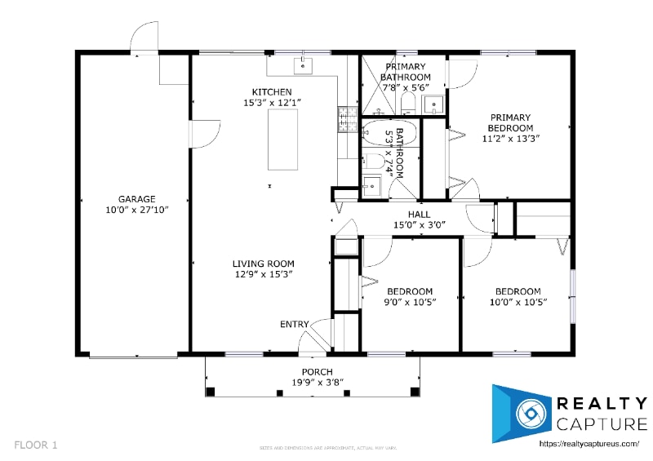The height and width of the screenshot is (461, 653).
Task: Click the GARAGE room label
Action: pyautogui.click(x=136, y=199)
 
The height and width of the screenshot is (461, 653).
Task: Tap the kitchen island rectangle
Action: pyautogui.click(x=283, y=139)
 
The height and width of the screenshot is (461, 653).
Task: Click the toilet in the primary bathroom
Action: pyautogui.click(x=408, y=102)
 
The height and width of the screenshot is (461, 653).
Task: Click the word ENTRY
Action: pyautogui.click(x=295, y=325)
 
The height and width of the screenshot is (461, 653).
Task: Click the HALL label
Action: pyautogui.click(x=420, y=215)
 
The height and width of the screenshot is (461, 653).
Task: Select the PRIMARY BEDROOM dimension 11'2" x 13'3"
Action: pyautogui.click(x=510, y=139)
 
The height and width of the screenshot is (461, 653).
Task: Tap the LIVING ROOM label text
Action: pyautogui.click(x=263, y=264)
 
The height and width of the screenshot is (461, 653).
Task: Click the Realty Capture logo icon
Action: pyautogui.click(x=518, y=413)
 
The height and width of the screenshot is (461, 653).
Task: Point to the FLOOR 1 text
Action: pyautogui.click(x=36, y=445)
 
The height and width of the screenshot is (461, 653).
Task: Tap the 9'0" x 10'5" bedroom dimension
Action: pyautogui.click(x=410, y=303)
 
